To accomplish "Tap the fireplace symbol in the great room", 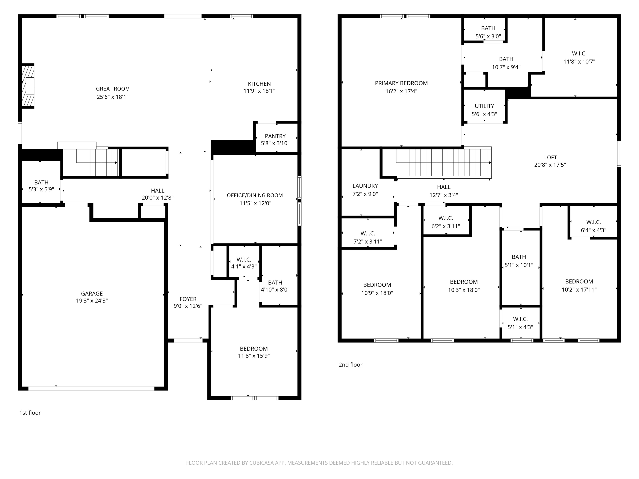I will point(28,86).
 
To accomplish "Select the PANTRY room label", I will point(275,136).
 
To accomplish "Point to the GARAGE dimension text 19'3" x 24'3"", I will point(92,301).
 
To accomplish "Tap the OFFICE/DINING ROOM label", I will point(255,195).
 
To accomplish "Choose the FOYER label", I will point(188,299).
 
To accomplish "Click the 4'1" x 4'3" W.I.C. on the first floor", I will point(244,263).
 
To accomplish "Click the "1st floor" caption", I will point(30,413).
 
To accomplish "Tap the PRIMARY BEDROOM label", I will point(401,83).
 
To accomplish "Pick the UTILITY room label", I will point(484,106).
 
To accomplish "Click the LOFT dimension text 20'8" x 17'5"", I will point(550,165).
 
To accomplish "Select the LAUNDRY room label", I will point(365,186).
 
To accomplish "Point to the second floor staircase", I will point(442,163).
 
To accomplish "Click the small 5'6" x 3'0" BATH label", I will point(488,28).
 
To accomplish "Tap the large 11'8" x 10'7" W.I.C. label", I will point(579,54).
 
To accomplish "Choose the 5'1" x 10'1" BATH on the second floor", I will point(519,257).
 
